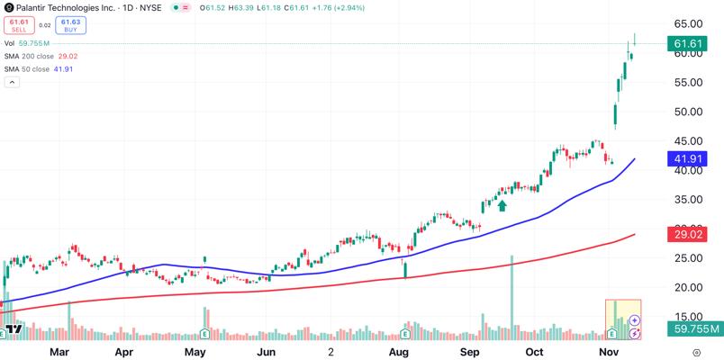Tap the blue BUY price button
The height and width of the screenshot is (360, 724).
tap(70, 25)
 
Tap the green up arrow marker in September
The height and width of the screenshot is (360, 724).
tap(502, 205)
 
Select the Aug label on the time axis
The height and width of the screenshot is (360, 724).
tap(399, 352)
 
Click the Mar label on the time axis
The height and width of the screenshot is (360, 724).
tap(60, 352)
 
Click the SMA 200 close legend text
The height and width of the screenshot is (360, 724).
tap(30, 57)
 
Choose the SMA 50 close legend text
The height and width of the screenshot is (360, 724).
tap(27, 69)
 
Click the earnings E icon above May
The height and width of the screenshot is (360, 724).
tap(205, 332)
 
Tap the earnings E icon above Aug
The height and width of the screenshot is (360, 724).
tap(405, 333)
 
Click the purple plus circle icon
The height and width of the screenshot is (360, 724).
tap(635, 320)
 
